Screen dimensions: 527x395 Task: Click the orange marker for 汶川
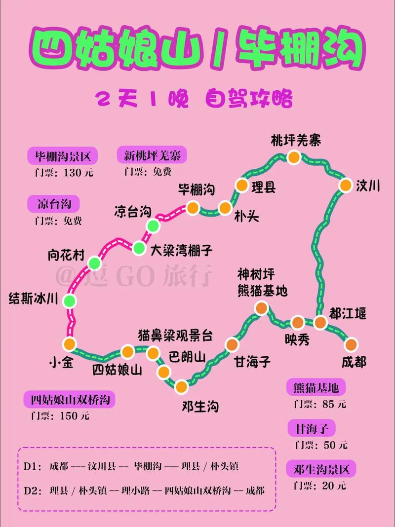pos(345,185)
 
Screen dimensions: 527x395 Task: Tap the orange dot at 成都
pos(352,344)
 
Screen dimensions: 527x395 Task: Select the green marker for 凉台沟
pos(153,226)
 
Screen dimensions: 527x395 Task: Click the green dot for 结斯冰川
pos(70,301)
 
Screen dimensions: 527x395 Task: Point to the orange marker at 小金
pos(70,343)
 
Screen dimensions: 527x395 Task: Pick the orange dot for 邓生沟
pos(182,386)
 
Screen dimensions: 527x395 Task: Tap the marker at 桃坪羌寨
pos(294,157)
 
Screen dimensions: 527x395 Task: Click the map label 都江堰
pos(348,313)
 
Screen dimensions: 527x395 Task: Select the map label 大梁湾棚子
pos(181,250)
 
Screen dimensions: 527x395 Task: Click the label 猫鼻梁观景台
pos(175,336)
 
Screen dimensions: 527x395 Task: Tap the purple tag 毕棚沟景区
pos(63,157)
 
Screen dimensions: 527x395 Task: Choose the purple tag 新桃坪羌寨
pos(152,156)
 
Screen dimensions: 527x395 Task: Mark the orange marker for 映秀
pos(298,323)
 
